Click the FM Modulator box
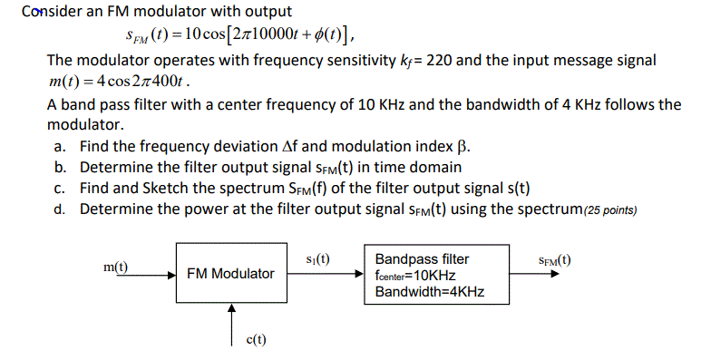[230, 273]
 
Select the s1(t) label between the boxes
[318, 258]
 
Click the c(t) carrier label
[257, 339]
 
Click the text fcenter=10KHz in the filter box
[415, 275]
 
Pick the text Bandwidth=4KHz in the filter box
[429, 291]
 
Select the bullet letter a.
[60, 146]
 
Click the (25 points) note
[604, 210]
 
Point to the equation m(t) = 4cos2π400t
[119, 82]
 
